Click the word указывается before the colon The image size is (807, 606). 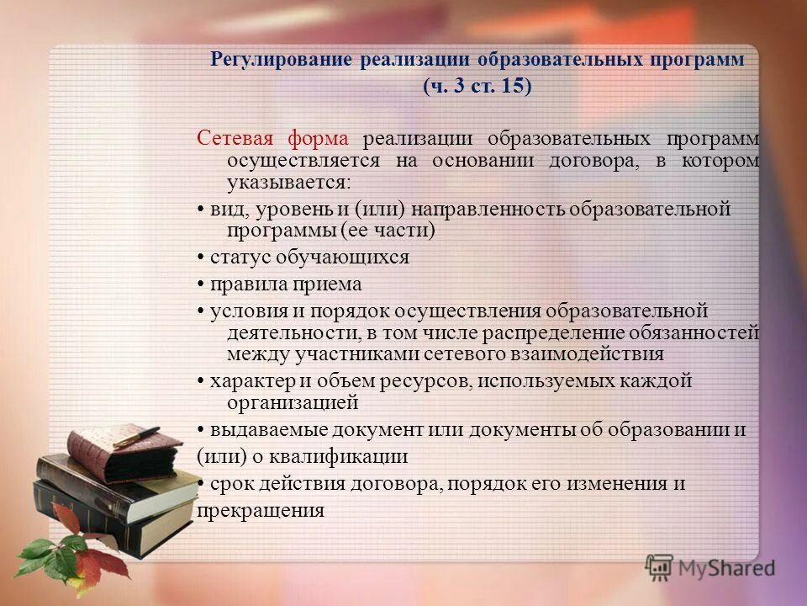click(x=285, y=182)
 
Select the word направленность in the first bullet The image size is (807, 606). click(x=473, y=209)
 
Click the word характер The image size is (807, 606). click(x=245, y=380)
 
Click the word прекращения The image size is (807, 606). click(x=261, y=510)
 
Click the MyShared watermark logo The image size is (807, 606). click(x=710, y=566)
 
